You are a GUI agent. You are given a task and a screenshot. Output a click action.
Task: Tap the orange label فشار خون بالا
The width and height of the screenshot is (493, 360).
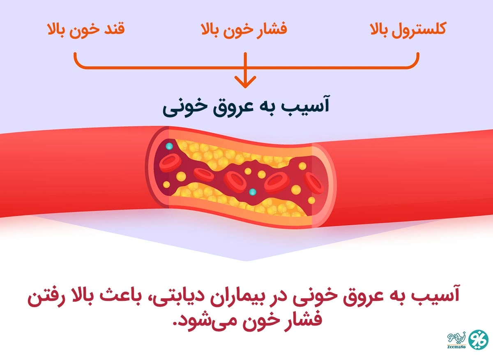pos(244,30)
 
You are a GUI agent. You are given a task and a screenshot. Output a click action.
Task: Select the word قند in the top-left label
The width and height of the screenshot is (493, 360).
pos(115,30)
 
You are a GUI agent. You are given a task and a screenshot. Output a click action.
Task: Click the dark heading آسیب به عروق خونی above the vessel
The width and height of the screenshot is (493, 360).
pos(246,106)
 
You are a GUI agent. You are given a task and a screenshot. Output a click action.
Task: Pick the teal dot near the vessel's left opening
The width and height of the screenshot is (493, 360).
pos(169,146)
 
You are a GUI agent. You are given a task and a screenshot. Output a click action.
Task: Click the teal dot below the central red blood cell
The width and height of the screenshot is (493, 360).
pos(252,192)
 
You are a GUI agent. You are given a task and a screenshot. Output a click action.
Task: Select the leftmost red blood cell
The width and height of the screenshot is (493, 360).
pos(168,162)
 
